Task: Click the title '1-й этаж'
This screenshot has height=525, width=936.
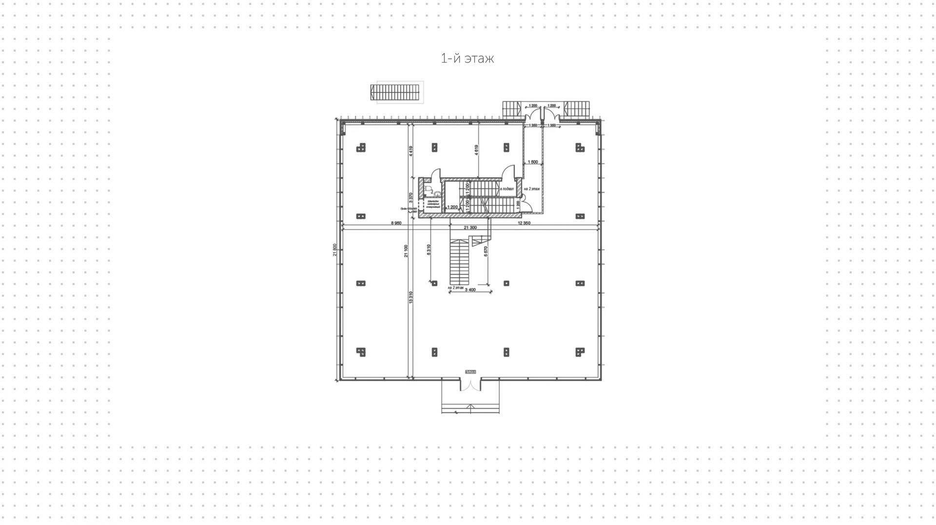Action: [x=467, y=59]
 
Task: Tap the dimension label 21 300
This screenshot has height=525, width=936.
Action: [x=470, y=227]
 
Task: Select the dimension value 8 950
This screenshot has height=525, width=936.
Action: [x=396, y=223]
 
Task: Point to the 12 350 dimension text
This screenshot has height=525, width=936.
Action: [x=524, y=223]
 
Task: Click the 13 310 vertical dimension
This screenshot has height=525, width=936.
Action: [x=411, y=297]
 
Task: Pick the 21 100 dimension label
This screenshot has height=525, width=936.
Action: [x=406, y=251]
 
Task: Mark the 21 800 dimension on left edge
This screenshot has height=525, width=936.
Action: [x=334, y=249]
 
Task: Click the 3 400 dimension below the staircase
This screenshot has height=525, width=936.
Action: [x=470, y=290]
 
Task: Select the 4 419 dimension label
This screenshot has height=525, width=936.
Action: [x=411, y=151]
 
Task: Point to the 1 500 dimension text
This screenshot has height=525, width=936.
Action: [x=533, y=162]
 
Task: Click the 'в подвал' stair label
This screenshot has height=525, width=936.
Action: [x=507, y=188]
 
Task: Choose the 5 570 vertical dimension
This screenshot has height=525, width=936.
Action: [x=486, y=251]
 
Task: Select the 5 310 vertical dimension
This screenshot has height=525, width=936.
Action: [x=429, y=249]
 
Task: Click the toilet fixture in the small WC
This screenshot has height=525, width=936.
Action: [x=428, y=189]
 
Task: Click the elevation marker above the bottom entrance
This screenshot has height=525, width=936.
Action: [x=470, y=372]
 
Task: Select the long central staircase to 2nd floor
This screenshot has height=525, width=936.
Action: [x=460, y=263]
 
